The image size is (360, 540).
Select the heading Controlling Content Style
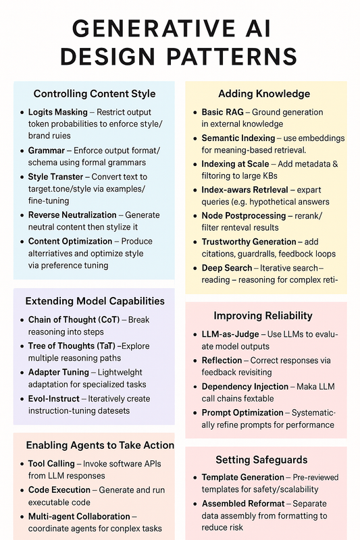coord(94,93)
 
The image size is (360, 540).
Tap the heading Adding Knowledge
coord(264,93)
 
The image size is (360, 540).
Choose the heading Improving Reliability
coord(263,315)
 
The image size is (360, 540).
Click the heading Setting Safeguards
coord(261,460)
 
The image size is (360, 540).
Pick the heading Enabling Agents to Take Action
coord(100,445)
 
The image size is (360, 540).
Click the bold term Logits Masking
coord(57,112)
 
